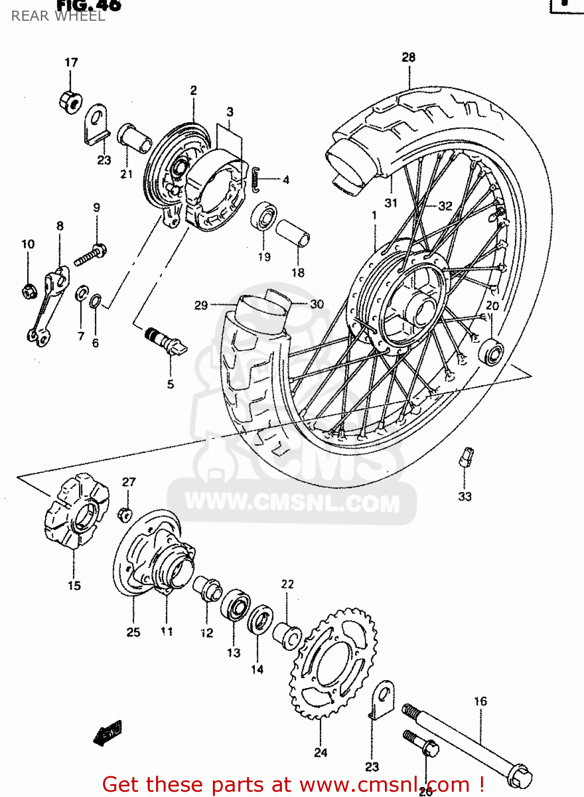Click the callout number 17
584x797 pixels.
click(71, 63)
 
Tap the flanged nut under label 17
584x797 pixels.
click(70, 100)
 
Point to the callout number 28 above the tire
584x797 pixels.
click(408, 57)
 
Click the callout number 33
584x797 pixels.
click(465, 496)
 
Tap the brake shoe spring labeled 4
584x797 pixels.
click(256, 180)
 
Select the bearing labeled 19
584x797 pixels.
click(264, 217)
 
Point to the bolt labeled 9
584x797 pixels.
click(90, 255)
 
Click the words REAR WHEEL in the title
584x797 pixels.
click(58, 16)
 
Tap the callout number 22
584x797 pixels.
click(287, 584)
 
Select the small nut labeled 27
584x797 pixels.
click(125, 514)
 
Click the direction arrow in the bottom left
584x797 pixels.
click(108, 733)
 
